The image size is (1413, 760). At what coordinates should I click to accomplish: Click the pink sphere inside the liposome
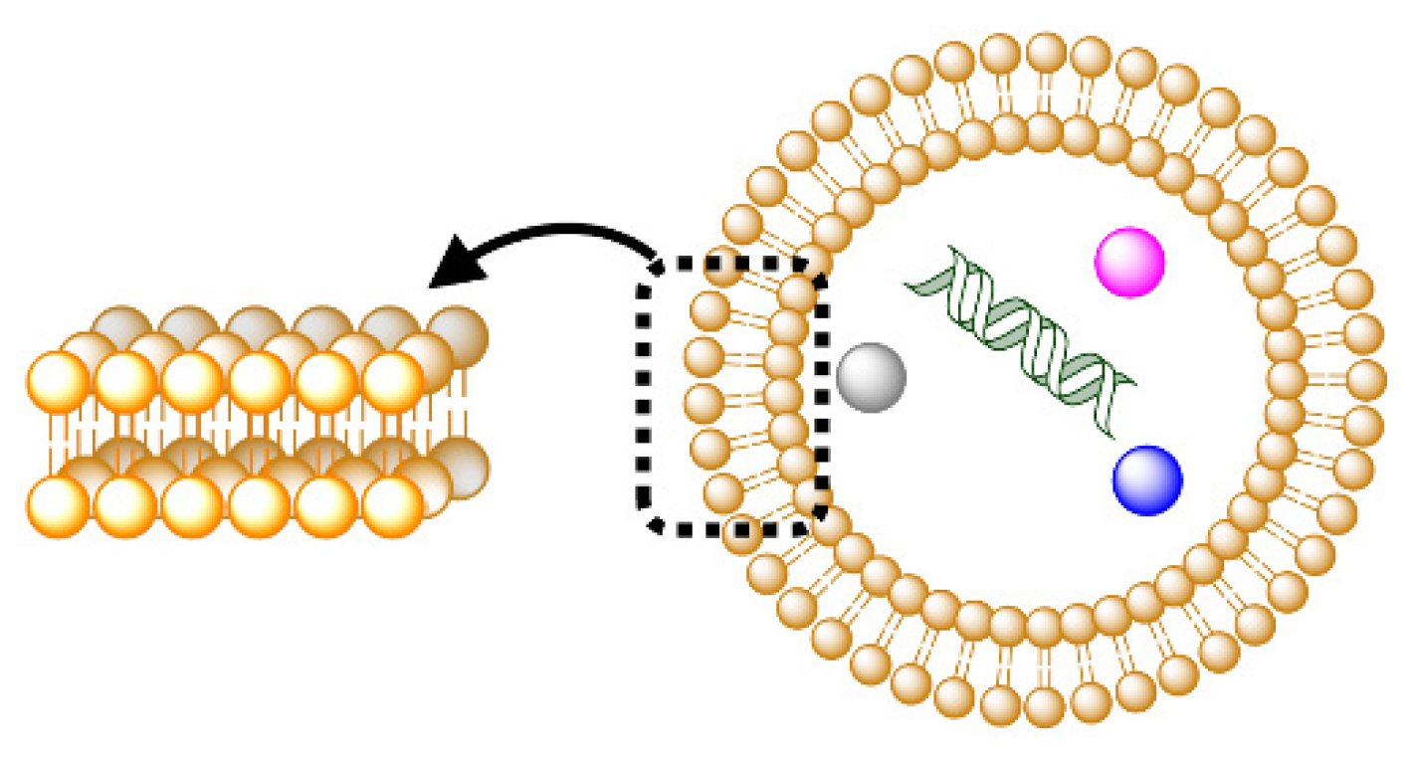tap(1128, 262)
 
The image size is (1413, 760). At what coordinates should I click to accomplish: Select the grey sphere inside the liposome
tap(872, 377)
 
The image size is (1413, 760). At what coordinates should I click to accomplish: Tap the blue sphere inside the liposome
tap(1147, 480)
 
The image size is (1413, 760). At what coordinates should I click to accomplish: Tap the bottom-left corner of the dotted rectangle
tap(649, 523)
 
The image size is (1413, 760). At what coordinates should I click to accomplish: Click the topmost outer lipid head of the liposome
tap(1047, 52)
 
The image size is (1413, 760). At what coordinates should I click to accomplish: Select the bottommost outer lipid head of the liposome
tap(1045, 707)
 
